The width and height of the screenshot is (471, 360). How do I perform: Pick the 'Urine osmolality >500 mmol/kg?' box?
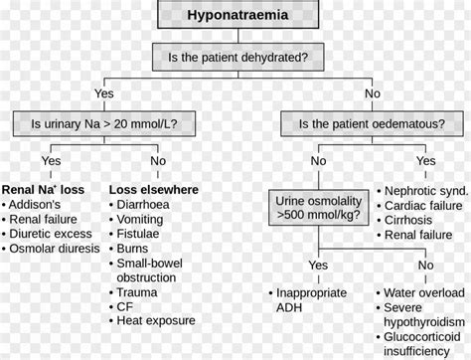tap(318, 207)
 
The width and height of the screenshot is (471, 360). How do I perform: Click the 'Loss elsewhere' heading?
tap(153, 189)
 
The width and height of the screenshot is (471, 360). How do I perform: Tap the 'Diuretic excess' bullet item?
tap(51, 234)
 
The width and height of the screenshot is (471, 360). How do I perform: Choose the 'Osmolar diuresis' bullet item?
tap(55, 249)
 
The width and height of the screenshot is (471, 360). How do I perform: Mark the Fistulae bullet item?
tap(144, 234)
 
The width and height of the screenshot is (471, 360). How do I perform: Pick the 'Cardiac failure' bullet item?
tap(422, 204)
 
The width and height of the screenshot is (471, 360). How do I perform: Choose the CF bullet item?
tap(127, 307)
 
